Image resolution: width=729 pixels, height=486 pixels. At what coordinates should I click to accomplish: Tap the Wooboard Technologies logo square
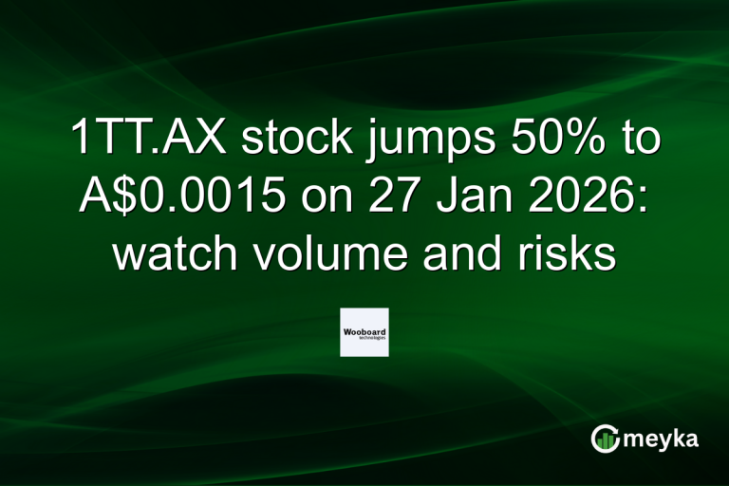point(364,332)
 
